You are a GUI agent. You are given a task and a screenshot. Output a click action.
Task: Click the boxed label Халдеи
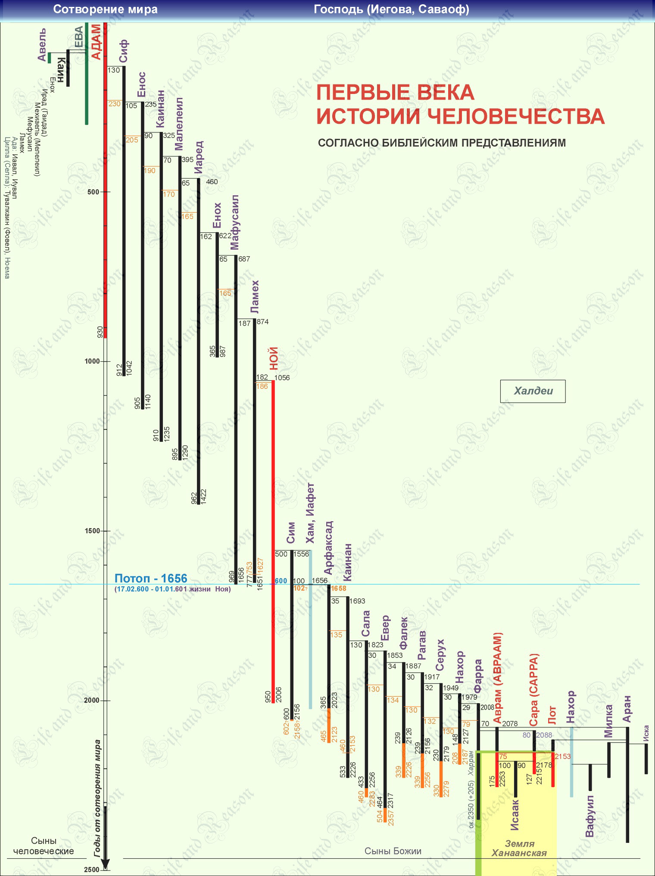(533, 391)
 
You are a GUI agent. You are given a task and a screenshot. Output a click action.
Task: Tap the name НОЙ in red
(273, 359)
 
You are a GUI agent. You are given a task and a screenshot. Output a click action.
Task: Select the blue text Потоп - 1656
(151, 579)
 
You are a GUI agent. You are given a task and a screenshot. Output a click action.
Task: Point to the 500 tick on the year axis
(93, 192)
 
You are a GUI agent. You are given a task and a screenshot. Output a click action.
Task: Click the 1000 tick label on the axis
(91, 361)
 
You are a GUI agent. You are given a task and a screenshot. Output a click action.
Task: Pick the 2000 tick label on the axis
(91, 701)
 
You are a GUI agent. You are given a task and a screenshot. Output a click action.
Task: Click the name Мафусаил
(234, 222)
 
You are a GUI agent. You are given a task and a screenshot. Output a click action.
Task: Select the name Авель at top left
(41, 45)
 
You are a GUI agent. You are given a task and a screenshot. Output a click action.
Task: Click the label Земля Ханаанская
(519, 849)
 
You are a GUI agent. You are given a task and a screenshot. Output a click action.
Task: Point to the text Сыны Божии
(393, 851)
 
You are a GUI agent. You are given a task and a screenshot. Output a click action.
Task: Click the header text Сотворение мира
(105, 9)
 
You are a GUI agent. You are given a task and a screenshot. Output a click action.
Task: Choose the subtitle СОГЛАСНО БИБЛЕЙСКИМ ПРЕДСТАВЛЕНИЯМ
(442, 143)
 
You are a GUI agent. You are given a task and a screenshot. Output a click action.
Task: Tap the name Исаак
(515, 814)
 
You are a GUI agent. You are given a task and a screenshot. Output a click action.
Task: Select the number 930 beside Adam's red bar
(100, 332)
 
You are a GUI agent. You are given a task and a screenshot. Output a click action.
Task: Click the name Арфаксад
(328, 547)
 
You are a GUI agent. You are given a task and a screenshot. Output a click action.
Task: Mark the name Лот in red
(552, 715)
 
